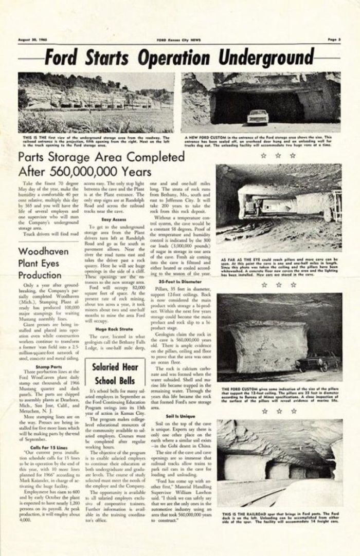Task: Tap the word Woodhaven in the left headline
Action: pos(44,252)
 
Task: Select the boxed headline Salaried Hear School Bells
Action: pos(114,374)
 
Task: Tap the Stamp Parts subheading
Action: pos(47,367)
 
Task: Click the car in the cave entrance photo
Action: pos(257,117)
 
